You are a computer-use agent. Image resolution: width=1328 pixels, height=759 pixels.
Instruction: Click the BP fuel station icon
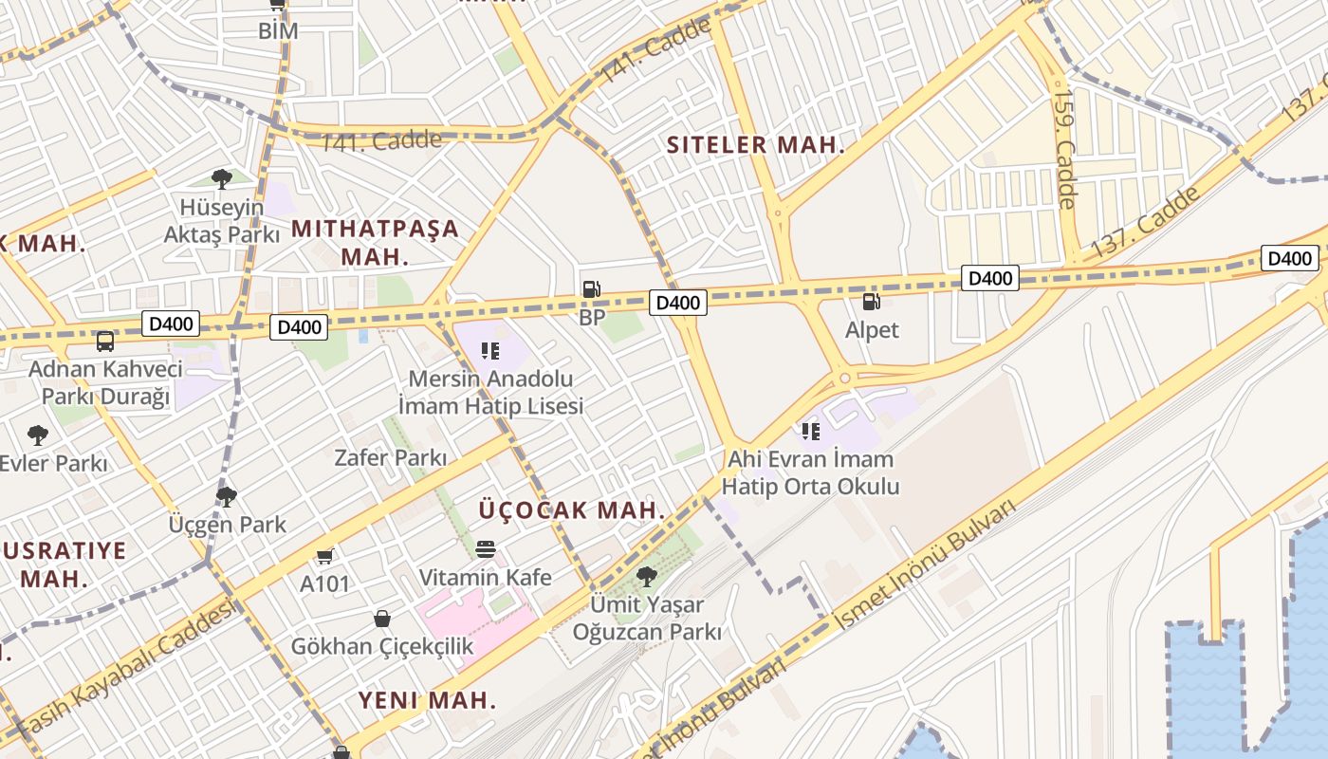point(591,289)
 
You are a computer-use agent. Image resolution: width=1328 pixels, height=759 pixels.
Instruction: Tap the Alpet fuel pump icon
point(871,302)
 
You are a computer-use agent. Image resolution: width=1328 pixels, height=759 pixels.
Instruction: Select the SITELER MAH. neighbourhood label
point(755,145)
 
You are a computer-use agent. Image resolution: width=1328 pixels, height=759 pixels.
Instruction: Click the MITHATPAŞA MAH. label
point(375,242)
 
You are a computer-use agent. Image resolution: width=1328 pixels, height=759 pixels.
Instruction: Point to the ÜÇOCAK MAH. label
point(571,509)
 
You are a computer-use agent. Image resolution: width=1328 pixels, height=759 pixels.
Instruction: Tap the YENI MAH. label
point(427,700)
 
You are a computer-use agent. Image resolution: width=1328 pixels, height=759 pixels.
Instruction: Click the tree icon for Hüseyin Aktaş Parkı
point(222,178)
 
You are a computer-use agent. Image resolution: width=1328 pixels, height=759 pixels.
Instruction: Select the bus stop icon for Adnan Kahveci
point(105,341)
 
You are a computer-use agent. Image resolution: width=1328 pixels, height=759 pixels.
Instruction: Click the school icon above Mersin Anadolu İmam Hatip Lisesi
point(489,351)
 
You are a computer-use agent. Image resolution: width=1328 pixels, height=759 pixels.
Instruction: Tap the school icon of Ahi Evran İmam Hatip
point(810,432)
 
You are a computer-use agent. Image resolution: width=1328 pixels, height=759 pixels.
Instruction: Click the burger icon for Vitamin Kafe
point(486,549)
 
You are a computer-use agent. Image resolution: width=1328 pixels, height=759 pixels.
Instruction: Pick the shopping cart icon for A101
point(325,556)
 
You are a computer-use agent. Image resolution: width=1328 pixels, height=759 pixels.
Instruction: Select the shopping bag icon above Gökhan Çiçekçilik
point(381,619)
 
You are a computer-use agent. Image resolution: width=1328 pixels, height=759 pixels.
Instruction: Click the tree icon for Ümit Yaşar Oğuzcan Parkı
point(647,576)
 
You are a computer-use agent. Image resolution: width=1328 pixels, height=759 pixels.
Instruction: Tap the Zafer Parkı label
point(391,457)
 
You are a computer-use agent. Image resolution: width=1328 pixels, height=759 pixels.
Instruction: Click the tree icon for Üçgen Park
point(227,496)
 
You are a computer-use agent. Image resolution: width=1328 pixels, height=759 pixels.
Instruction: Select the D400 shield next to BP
point(677,303)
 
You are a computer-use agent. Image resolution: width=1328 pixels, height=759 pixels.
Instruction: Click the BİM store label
point(278,30)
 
